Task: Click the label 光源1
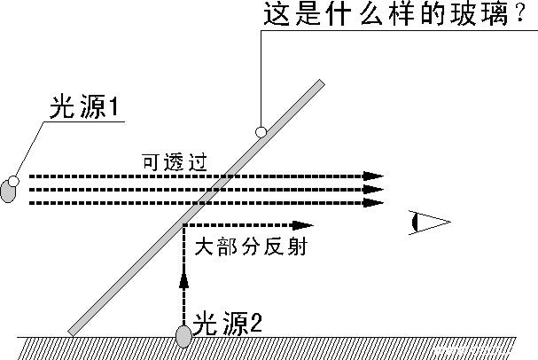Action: (84, 106)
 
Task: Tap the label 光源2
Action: (227, 324)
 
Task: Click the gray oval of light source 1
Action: (8, 192)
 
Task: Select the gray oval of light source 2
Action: (183, 336)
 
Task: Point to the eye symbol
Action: (429, 223)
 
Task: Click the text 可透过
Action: (175, 162)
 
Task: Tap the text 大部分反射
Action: (251, 247)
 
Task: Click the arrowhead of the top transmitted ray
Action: (373, 176)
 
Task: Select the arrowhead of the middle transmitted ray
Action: (373, 189)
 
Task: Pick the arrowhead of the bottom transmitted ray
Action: (373, 202)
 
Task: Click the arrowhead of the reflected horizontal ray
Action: (303, 225)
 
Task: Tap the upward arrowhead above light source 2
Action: (184, 280)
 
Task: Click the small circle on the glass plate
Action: (261, 132)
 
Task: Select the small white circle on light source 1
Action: (13, 181)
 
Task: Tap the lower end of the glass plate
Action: (72, 333)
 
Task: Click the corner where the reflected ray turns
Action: (184, 225)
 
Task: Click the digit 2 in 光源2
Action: (255, 323)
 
